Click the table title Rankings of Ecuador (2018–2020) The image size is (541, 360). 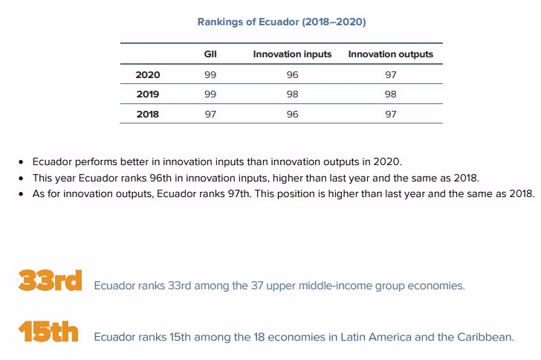(281, 22)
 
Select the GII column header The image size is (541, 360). (210, 54)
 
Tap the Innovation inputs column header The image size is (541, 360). (292, 54)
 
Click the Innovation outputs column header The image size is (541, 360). (390, 54)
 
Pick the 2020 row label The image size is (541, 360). (147, 74)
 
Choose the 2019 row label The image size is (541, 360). (147, 94)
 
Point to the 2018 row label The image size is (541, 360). (147, 114)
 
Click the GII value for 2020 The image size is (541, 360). (210, 74)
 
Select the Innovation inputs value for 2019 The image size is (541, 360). (292, 94)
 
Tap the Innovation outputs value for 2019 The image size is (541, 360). (390, 94)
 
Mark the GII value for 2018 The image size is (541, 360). (210, 114)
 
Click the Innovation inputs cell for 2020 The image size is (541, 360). (292, 74)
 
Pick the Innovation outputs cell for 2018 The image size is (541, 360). (390, 114)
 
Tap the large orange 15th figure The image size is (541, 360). (48, 332)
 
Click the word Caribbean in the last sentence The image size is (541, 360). (487, 337)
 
